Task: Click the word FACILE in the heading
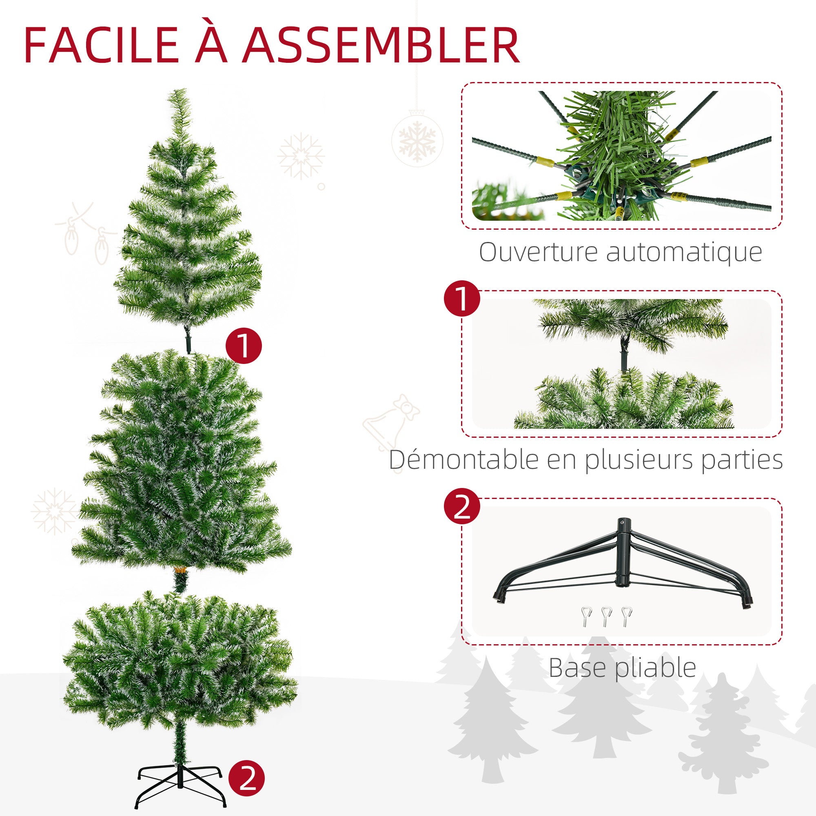click(x=101, y=46)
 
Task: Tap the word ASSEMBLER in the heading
click(x=381, y=46)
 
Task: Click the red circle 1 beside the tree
click(x=244, y=346)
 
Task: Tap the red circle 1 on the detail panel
click(x=462, y=298)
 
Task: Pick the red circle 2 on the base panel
click(x=462, y=506)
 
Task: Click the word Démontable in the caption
click(x=464, y=459)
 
